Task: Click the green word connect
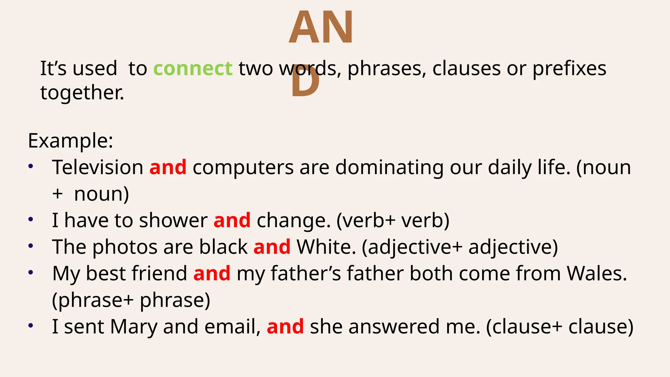point(193,69)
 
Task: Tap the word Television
point(97,168)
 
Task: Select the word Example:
point(70,141)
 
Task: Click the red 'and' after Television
point(168,168)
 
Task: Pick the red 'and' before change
point(232,221)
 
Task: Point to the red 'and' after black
point(272,247)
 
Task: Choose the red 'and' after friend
point(212,274)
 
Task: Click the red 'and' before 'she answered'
point(285,327)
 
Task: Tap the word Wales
point(597,274)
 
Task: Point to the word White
point(326,247)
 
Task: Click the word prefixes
point(569,69)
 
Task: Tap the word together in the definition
point(82,93)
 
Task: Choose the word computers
point(243,168)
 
